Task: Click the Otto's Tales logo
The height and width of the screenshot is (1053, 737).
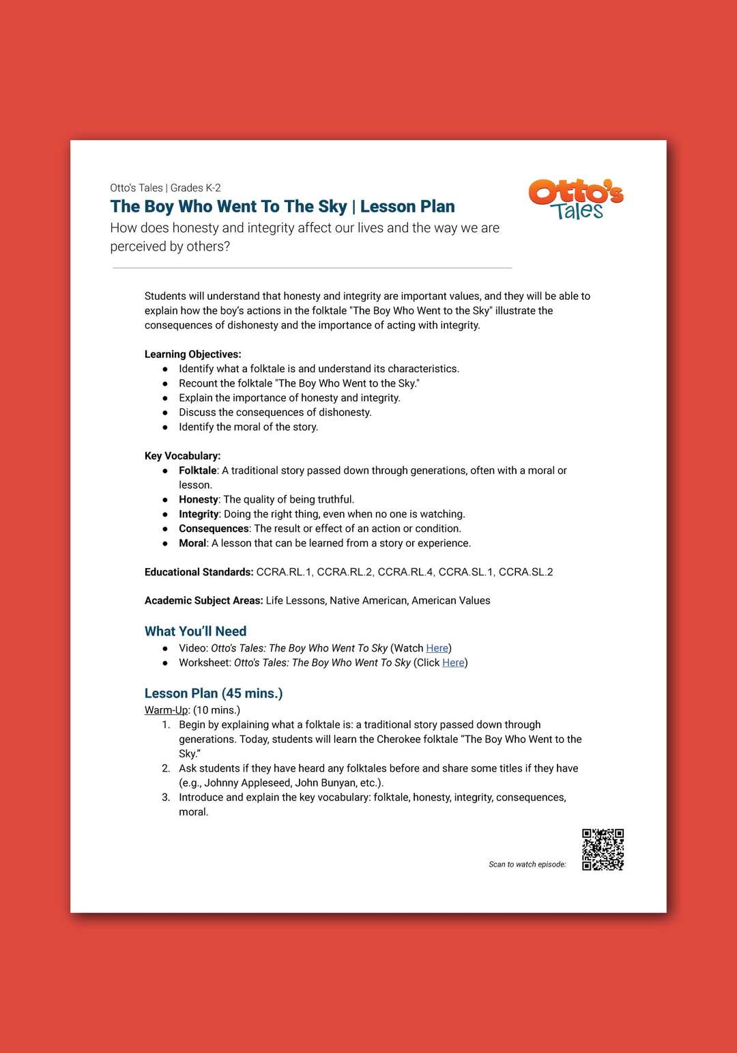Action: coord(576,199)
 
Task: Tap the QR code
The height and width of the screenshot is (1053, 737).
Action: coord(603,850)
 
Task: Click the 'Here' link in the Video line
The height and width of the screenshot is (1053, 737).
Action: coord(437,648)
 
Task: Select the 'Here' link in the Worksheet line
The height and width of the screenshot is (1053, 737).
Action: coord(453,662)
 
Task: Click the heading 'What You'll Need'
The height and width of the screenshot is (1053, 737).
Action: coord(195,631)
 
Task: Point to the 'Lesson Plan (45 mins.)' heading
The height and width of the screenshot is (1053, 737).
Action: coord(213,693)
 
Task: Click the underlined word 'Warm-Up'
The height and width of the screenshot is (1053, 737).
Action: coord(166,710)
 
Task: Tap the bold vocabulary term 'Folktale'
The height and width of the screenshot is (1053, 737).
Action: coord(197,471)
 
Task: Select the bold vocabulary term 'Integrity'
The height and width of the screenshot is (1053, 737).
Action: coord(199,514)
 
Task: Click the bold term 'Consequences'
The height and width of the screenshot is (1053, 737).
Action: coord(214,529)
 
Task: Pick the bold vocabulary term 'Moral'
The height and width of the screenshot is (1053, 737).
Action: coord(192,544)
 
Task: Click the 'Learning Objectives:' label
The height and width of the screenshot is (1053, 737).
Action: coord(192,354)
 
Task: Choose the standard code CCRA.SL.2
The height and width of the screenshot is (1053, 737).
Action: coord(525,572)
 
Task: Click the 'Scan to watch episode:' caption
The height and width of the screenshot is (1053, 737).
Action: coord(527,865)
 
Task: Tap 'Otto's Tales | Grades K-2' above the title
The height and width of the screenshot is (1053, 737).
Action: coord(165,188)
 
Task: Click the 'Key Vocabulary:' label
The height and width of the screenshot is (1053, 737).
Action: coord(182,456)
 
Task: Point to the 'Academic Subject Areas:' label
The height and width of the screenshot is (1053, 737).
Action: coord(203,601)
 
